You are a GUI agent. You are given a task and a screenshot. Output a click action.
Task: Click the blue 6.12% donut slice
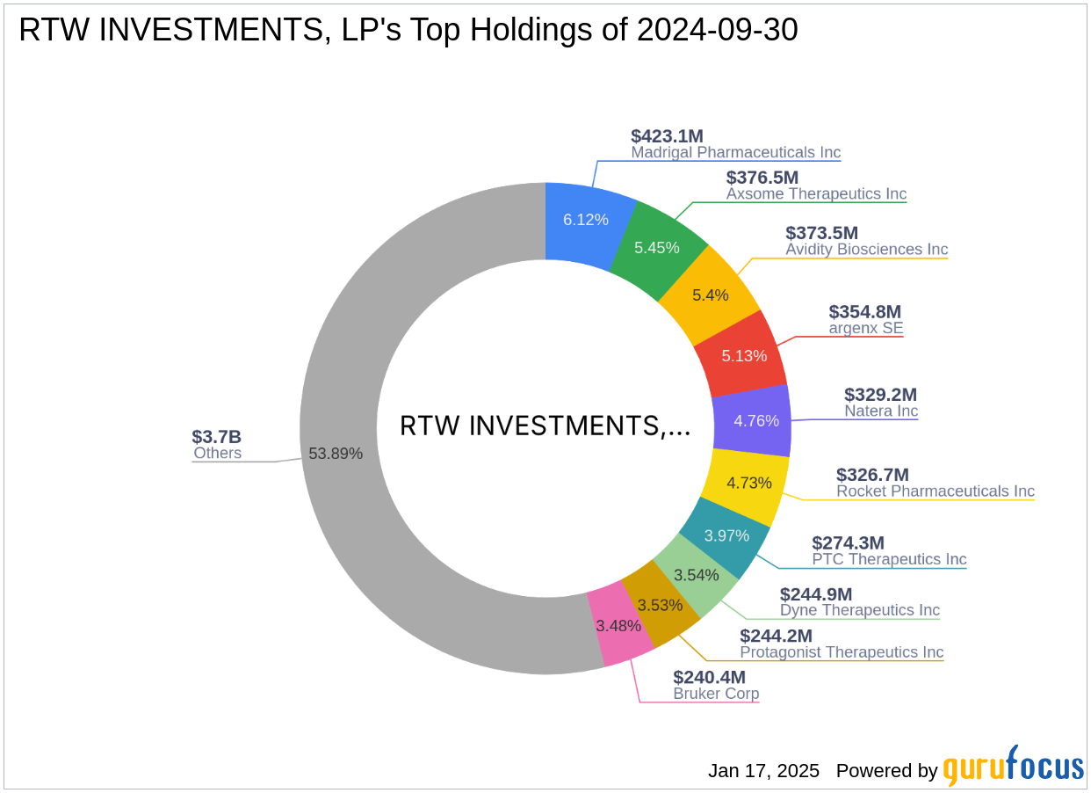586,220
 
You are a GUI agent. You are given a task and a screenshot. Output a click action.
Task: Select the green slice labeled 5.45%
657,247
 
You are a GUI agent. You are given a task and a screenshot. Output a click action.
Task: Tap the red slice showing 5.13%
743,355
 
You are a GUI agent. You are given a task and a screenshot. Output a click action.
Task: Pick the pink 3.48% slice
618,627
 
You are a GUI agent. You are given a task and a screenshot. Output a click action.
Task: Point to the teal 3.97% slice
726,535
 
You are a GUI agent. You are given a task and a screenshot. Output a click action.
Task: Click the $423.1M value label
667,136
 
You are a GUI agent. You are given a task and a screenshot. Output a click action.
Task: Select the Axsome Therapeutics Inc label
816,193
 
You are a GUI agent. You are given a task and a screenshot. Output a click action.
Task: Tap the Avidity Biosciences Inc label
866,249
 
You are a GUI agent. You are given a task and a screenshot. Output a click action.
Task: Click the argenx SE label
865,328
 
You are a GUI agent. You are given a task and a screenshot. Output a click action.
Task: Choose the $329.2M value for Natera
880,395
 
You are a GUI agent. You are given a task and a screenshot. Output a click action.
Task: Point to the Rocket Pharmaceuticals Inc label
935,491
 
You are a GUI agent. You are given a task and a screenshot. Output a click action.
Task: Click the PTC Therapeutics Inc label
889,559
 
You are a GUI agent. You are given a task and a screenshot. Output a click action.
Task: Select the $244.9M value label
816,594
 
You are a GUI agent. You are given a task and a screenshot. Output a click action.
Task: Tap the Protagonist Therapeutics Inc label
842,651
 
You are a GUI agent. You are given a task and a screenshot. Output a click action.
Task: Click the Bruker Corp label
716,693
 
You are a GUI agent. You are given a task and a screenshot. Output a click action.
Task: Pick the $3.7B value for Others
216,437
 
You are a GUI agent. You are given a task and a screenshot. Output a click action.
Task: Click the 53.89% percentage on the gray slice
336,454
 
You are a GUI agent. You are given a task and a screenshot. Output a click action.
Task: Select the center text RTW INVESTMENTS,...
545,426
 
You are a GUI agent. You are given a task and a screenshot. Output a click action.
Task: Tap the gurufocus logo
1013,767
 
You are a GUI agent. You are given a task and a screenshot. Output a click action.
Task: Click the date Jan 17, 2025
763,771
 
